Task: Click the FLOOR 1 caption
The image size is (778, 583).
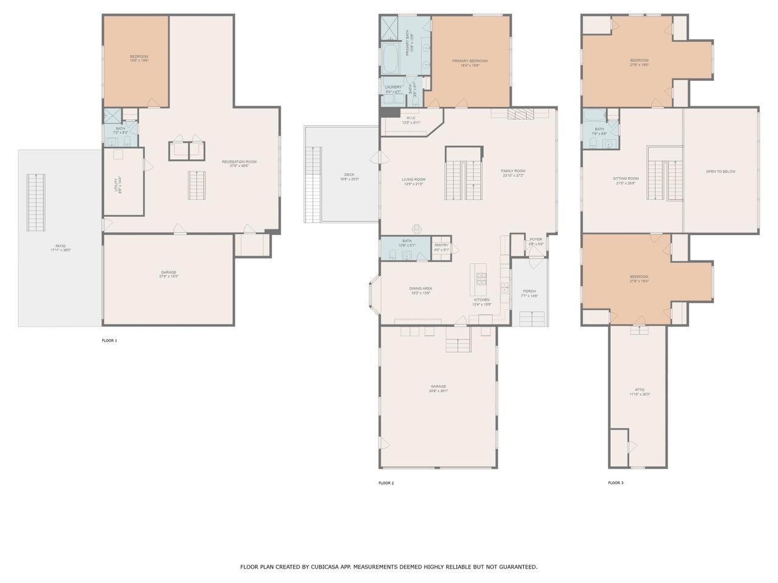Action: pos(109,341)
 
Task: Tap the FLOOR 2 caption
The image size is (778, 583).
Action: pos(386,483)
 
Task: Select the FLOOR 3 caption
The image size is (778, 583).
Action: pos(616,483)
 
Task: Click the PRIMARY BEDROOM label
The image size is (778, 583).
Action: pos(470,61)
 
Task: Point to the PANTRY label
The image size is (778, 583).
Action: pos(441,245)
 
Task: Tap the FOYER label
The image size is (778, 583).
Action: pos(535,239)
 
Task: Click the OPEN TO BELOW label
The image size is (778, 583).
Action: pos(720,171)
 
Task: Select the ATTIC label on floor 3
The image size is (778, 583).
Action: pos(639,390)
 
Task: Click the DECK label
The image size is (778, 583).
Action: pos(349,175)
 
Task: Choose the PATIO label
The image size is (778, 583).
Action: pos(60,246)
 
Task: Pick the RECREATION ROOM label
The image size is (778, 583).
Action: pos(239,162)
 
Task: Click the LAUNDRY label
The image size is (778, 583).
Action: pos(393,87)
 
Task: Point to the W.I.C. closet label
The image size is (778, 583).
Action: pos(411,118)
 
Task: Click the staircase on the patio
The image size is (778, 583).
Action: pos(36,202)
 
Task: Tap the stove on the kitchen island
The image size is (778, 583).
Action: pos(481,279)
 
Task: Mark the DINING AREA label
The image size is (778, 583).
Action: pos(420,288)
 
